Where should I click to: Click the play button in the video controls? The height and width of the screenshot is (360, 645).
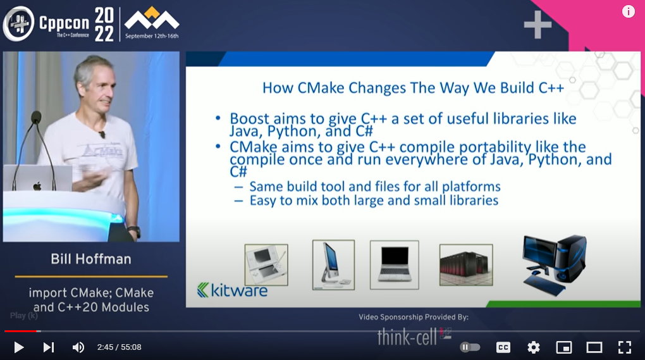(18, 347)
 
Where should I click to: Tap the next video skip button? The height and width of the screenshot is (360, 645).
(49, 347)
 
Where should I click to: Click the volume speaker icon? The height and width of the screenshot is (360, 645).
(78, 347)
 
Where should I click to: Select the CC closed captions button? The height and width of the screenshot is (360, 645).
(503, 347)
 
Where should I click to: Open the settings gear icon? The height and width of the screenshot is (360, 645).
(534, 347)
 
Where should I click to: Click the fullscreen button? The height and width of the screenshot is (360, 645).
(625, 347)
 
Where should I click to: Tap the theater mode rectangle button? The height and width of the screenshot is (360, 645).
(594, 347)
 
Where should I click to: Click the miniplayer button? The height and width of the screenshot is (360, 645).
(564, 347)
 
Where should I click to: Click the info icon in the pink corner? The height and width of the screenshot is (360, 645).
(628, 11)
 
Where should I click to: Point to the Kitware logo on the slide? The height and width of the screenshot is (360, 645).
(233, 290)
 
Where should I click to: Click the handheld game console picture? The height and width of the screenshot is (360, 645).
(266, 264)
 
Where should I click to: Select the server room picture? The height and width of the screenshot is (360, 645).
(466, 264)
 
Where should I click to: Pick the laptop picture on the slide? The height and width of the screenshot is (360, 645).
(395, 264)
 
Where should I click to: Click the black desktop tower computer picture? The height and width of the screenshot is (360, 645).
(554, 265)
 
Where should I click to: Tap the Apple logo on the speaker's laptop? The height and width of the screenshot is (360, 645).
(37, 186)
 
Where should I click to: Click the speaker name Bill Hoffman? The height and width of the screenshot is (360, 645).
(91, 259)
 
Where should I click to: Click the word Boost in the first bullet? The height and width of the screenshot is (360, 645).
(249, 118)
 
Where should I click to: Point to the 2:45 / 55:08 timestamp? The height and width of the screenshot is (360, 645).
(120, 347)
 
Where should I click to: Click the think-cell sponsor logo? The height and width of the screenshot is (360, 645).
(414, 337)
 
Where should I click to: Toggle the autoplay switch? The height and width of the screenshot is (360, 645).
(470, 347)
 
